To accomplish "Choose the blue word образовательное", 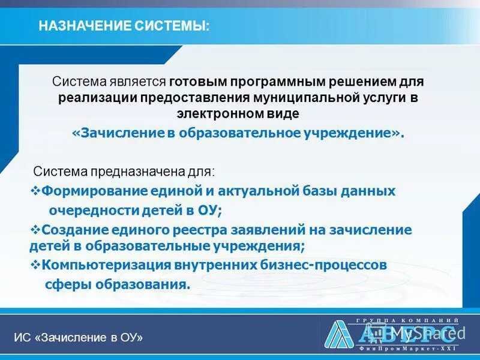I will tap(267, 133).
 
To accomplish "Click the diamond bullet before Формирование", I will tap(34, 191).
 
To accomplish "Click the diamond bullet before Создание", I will tap(34, 229).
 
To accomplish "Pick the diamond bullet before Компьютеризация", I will tap(34, 264).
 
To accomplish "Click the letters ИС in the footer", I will tap(22, 338).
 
